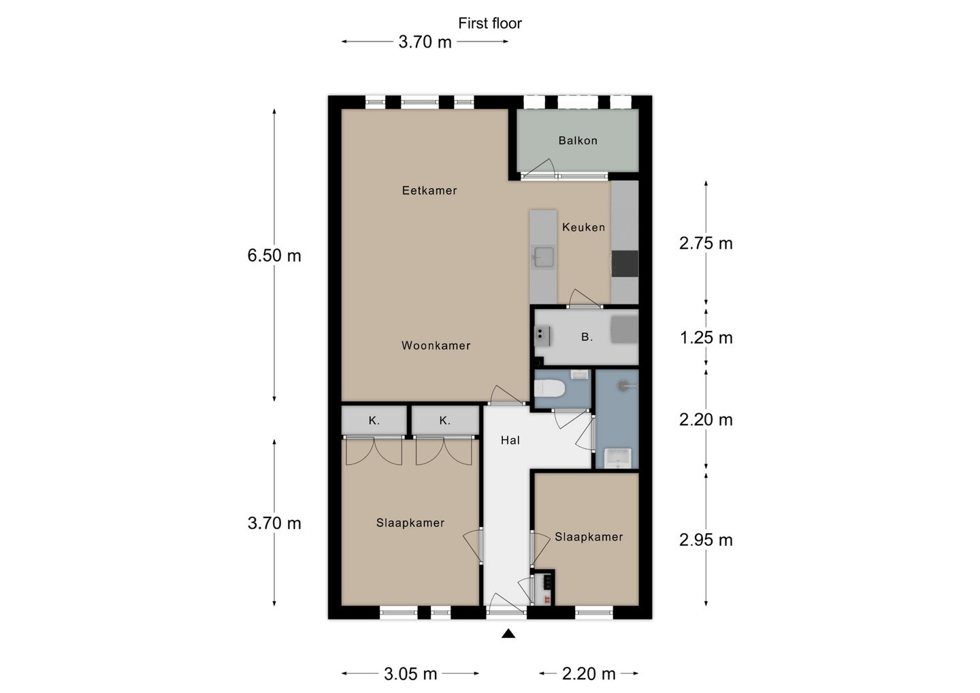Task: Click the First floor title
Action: coord(489,23)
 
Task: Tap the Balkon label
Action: coord(578,140)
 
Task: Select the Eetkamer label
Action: coord(429,191)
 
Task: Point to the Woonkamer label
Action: coord(436,346)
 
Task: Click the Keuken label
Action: coord(583,227)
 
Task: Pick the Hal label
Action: coord(510,440)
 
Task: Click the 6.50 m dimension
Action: coord(274,255)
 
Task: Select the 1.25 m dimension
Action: coord(706,338)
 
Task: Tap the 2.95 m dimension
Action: coord(706,541)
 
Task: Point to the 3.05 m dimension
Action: coord(410,674)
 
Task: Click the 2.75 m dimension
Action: coord(706,243)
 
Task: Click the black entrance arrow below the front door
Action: coord(508,634)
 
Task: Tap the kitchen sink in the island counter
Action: coord(543,257)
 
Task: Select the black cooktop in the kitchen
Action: coord(625,264)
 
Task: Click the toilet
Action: coord(549,388)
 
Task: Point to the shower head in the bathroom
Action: coord(623,385)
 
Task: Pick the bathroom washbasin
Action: coord(617,458)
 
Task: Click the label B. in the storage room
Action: coord(587,337)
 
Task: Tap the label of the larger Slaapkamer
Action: coord(410,523)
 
